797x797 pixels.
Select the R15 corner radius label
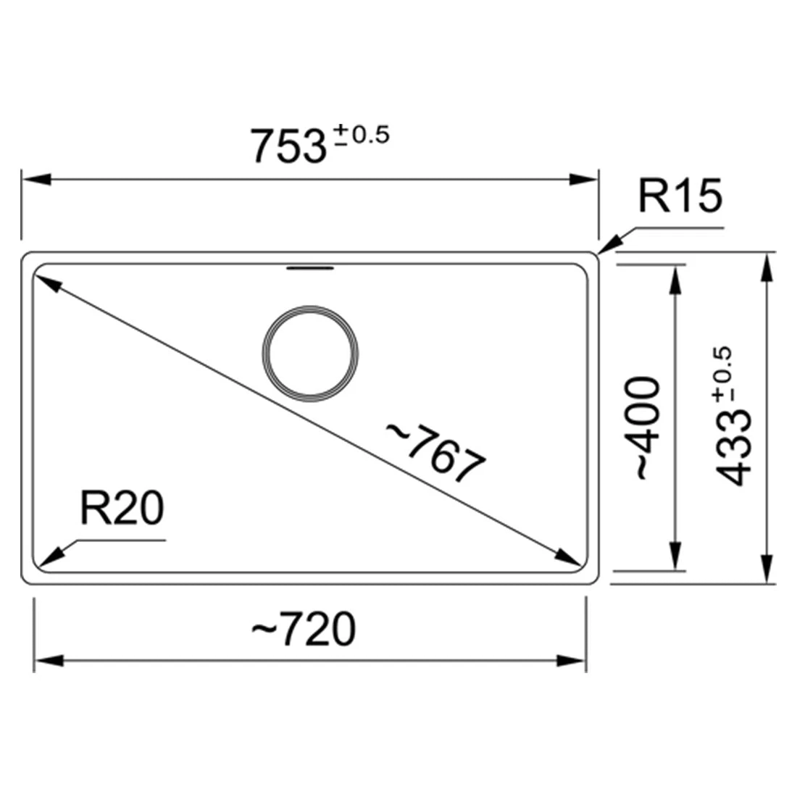[x=680, y=196]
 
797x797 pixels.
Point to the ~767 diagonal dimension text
[x=435, y=452]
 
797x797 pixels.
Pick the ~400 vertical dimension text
[x=648, y=428]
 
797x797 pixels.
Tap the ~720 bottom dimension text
[x=304, y=629]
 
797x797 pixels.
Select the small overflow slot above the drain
[x=311, y=270]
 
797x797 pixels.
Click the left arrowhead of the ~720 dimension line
[x=49, y=660]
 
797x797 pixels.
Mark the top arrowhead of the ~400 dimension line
[x=675, y=279]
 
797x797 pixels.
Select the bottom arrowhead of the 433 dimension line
[x=765, y=568]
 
